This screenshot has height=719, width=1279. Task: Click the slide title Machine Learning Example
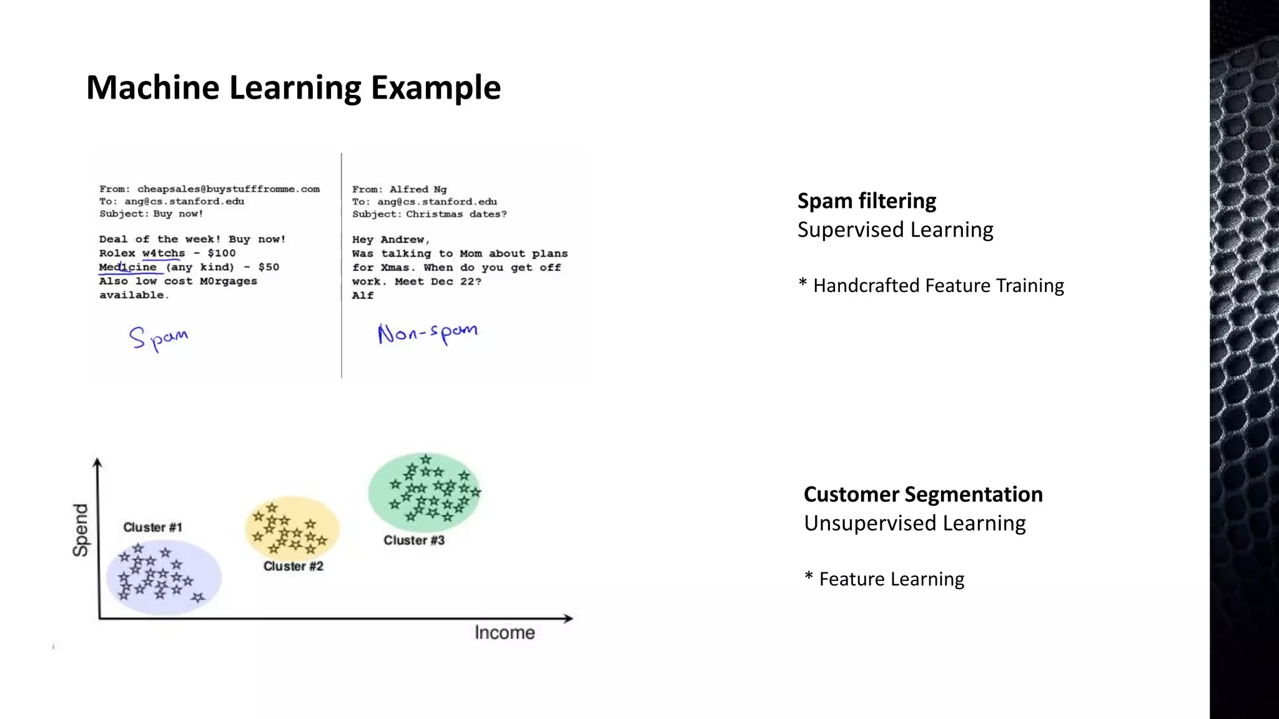click(x=293, y=87)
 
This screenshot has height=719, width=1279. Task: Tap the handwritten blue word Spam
click(x=159, y=338)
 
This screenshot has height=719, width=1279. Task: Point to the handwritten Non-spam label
click(x=428, y=333)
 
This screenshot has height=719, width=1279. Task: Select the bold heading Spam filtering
click(x=866, y=201)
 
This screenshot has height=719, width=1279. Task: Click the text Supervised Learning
click(x=895, y=230)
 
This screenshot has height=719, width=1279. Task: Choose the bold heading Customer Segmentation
click(x=923, y=494)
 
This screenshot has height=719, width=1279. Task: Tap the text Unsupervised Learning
click(x=915, y=523)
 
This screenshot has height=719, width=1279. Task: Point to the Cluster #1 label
click(x=152, y=527)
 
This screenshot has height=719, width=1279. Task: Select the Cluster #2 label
click(x=293, y=566)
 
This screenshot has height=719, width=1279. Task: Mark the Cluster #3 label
click(x=413, y=540)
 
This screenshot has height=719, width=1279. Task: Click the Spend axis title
click(x=81, y=530)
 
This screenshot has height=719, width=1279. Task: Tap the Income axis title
click(x=505, y=633)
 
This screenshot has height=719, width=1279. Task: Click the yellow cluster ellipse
click(x=292, y=528)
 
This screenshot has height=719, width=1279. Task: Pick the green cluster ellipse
click(x=425, y=492)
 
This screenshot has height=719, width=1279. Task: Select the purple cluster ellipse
click(x=164, y=577)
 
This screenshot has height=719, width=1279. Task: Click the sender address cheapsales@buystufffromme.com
click(x=229, y=189)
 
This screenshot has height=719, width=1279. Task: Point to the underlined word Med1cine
click(x=128, y=267)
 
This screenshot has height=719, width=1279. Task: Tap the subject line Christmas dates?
click(x=456, y=214)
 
